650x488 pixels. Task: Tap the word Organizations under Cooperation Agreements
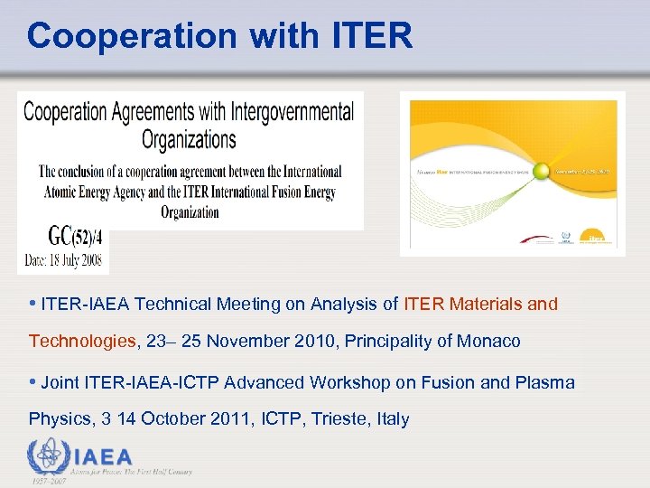pyautogui.click(x=189, y=140)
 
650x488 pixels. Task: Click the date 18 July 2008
pyautogui.click(x=78, y=261)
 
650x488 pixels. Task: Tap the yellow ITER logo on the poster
pyautogui.click(x=596, y=236)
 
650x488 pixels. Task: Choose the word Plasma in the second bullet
pyautogui.click(x=544, y=382)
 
